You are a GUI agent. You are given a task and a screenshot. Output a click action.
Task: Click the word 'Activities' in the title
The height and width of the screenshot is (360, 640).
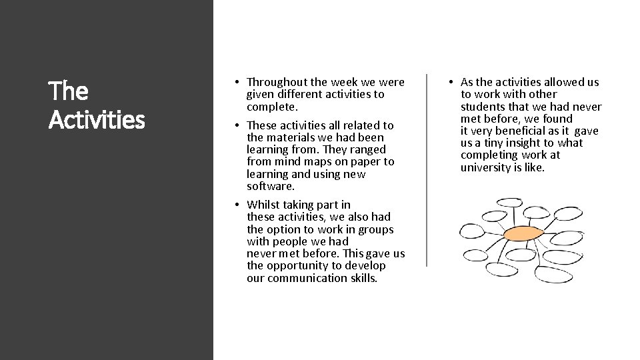coord(97,121)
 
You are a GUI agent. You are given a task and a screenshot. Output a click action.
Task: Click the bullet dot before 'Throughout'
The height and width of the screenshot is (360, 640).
coord(237,83)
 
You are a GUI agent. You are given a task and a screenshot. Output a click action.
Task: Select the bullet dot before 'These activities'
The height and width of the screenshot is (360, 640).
coord(237,125)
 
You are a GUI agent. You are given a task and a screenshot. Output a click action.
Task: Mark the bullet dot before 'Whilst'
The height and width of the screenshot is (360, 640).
coord(237,205)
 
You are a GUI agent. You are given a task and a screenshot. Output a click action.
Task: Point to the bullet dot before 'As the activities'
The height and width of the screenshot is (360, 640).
coord(451,83)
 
